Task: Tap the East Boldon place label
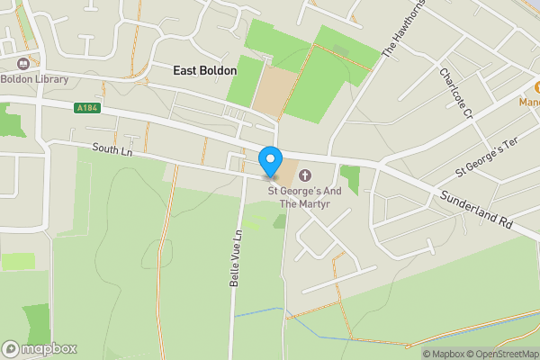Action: point(205,70)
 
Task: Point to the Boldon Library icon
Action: point(22,63)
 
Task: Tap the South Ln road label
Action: point(112,151)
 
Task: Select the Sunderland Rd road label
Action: point(476,210)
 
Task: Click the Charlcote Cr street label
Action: point(455,94)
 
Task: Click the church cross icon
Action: point(305,175)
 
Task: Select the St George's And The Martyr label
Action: point(305,197)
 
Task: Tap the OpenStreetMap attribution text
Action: point(502,354)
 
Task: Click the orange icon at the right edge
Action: point(533,87)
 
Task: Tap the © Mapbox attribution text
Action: point(443,354)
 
